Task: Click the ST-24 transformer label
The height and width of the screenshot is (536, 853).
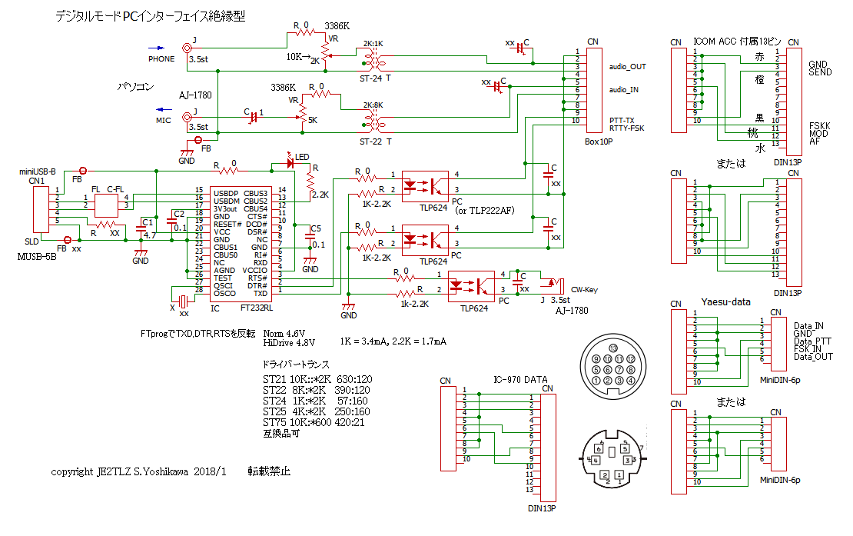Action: pos(375,78)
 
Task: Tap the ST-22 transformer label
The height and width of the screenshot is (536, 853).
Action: pos(375,141)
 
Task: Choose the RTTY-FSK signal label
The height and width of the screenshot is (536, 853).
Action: pos(626,128)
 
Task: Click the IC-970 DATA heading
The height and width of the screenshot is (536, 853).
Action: pos(519,379)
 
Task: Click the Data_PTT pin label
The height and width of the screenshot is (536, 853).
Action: pos(812,341)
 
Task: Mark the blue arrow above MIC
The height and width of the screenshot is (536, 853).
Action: pos(164,109)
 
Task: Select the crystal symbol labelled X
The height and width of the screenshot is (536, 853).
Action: pos(183,300)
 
